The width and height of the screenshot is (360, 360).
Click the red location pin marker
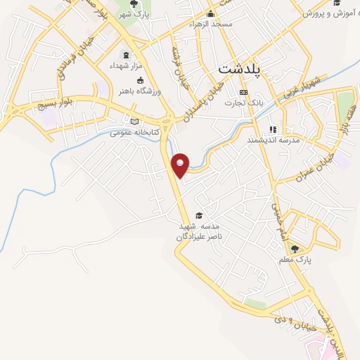(181, 165)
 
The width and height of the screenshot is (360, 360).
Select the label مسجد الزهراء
(210, 24)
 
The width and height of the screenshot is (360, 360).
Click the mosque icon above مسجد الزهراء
(210, 14)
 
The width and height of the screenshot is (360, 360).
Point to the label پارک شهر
(134, 13)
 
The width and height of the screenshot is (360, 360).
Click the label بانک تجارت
(244, 103)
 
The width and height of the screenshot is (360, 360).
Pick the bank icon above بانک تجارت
(244, 92)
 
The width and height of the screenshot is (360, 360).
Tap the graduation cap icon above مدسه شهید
(199, 215)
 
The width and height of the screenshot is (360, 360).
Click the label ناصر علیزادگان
(199, 238)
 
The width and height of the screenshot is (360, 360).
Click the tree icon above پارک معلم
(295, 249)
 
